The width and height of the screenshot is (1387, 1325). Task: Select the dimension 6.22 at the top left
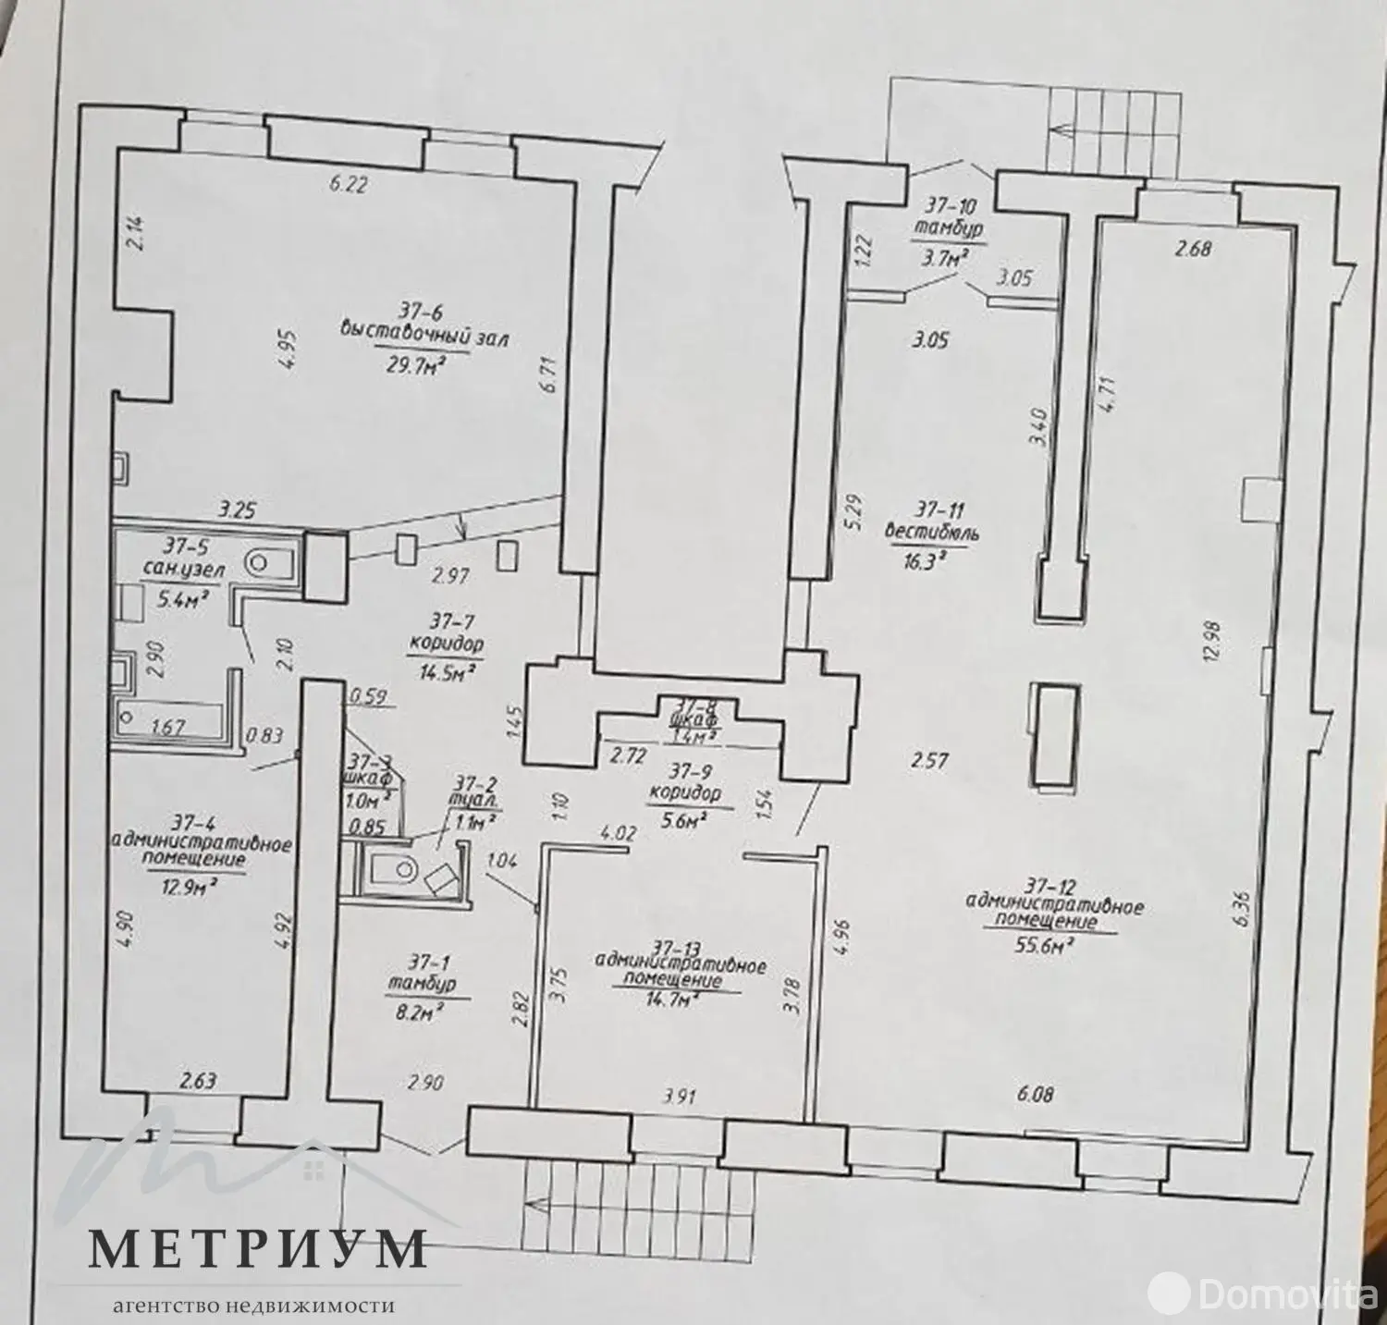click(349, 184)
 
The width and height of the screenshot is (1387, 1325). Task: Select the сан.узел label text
click(183, 571)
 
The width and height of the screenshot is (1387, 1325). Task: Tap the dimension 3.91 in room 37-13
click(680, 1097)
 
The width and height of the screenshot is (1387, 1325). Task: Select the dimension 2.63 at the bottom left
click(198, 1081)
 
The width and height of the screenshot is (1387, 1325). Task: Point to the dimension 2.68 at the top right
click(1193, 248)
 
